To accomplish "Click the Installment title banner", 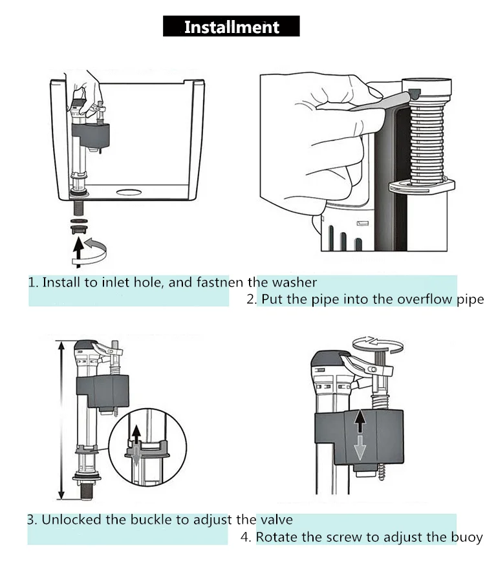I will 232,27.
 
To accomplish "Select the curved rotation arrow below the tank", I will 98,249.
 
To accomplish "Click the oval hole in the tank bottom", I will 128,191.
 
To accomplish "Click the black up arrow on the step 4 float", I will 361,423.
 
